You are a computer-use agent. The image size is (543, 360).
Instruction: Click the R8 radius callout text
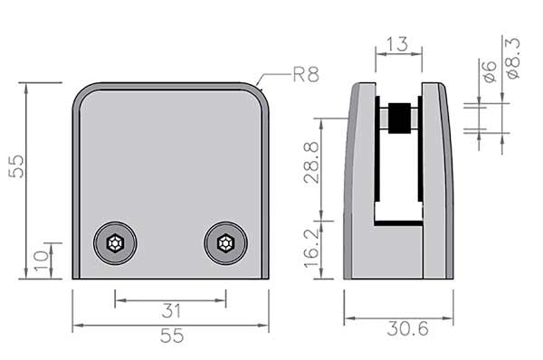306,74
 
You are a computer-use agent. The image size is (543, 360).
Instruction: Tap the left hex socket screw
115,243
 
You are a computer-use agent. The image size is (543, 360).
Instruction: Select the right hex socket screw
225,243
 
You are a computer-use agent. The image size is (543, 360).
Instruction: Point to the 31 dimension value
171,311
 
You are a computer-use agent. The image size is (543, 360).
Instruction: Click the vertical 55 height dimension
16,166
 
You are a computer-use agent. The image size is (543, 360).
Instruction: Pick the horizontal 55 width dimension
172,336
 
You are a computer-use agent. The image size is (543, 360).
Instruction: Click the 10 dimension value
42,260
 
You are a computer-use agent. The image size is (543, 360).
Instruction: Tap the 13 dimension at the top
397,44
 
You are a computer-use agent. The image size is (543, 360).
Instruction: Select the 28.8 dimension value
311,163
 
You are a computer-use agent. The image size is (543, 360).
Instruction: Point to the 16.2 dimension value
311,249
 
